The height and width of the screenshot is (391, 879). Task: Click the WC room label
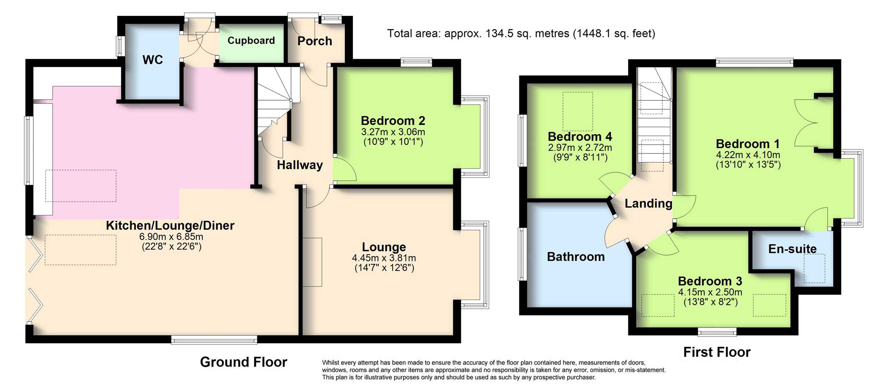point(153,59)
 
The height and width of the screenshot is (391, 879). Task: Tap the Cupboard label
point(251,41)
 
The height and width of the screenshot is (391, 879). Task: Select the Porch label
point(315,41)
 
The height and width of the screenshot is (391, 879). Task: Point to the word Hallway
point(300,165)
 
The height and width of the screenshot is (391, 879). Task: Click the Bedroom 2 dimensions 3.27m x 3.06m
point(393,132)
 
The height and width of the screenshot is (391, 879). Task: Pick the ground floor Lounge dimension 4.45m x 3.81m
point(384,258)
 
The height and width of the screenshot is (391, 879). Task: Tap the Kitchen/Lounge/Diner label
point(170,226)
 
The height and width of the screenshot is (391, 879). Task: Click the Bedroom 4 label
point(580,136)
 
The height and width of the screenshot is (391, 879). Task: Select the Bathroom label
point(576,257)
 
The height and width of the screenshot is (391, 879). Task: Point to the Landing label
point(648,203)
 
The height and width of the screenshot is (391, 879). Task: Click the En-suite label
point(793,249)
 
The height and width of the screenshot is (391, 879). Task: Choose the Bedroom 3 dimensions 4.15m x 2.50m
point(710,292)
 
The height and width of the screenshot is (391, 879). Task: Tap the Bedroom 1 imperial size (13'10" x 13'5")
point(748,165)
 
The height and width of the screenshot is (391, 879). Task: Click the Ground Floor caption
point(244,362)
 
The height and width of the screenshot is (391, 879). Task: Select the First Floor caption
point(717,352)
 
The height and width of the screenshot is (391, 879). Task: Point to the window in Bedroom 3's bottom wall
point(717,332)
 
